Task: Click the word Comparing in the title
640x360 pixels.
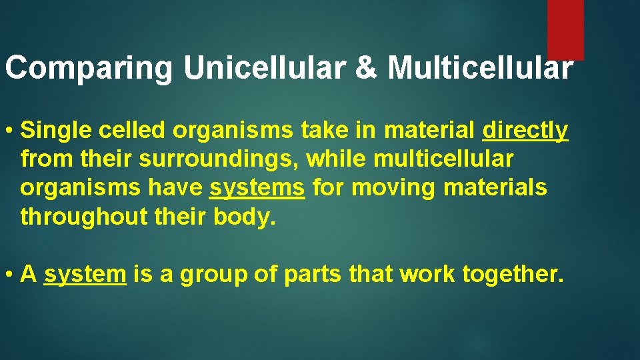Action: click(x=88, y=69)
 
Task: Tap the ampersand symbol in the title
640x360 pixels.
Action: click(x=366, y=68)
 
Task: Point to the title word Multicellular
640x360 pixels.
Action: click(x=479, y=68)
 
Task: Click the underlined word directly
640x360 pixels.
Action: click(x=525, y=130)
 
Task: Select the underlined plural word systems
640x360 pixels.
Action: click(x=257, y=188)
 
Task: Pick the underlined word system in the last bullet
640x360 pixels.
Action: click(x=85, y=273)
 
